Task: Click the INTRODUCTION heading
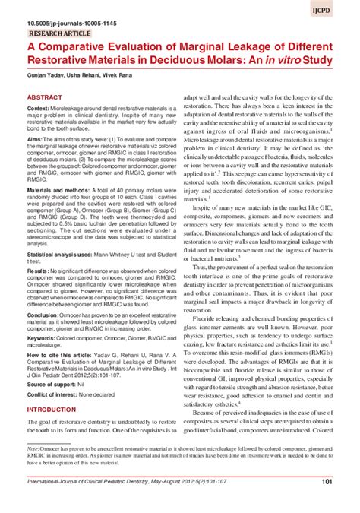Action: click(x=55, y=430)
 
